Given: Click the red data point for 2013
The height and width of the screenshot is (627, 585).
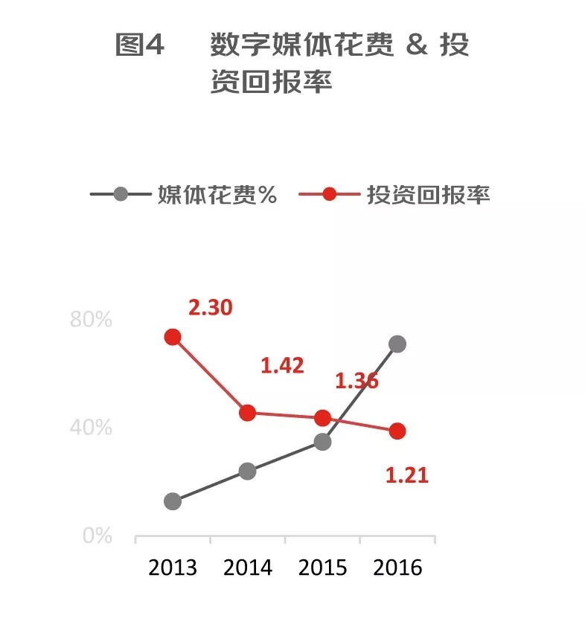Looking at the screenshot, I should tap(173, 337).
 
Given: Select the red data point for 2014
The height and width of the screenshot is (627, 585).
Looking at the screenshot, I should tap(248, 413).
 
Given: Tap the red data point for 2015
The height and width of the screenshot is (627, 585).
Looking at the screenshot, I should tap(322, 418).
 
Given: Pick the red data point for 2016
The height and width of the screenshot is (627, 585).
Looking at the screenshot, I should tap(397, 431).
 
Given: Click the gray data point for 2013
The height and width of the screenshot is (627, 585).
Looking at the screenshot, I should tap(173, 501).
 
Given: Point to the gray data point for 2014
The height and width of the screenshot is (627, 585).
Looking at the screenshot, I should tap(248, 471).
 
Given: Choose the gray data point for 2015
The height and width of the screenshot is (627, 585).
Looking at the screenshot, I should tap(322, 442).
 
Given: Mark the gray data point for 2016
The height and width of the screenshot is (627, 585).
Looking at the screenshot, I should tap(397, 344).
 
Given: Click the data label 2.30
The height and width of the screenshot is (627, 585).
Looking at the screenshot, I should tap(211, 307).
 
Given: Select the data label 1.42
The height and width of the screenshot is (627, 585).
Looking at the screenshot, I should tap(282, 365).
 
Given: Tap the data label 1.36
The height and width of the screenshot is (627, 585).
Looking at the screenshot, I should tap(357, 381).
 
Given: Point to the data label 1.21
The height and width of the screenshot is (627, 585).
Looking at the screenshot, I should tap(407, 475).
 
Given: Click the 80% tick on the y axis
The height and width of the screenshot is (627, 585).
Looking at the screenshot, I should tap(91, 320).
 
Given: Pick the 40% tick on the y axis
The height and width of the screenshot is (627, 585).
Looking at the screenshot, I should tap(91, 428).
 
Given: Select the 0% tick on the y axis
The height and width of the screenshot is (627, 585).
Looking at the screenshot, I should tap(97, 536).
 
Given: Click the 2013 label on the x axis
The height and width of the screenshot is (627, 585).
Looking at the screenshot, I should tap(173, 567).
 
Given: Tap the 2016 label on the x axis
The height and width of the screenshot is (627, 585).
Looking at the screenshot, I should tap(397, 567).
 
